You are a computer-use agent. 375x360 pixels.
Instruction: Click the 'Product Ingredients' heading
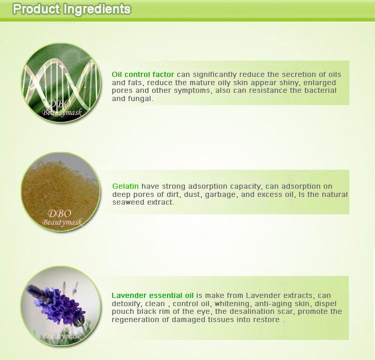click(72, 9)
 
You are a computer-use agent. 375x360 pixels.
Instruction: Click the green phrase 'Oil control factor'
click(143, 74)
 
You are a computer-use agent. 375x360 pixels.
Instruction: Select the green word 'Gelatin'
click(126, 186)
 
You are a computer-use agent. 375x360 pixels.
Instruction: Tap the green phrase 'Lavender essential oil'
click(153, 295)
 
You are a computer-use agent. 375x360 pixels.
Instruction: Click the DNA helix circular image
click(61, 83)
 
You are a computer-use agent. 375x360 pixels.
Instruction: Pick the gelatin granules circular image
click(61, 192)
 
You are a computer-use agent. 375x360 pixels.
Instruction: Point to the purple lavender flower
click(57, 304)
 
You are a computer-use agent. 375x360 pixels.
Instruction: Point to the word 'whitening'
click(232, 304)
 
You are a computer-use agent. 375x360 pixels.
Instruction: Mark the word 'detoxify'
click(126, 304)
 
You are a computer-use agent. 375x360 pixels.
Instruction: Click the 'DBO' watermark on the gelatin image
click(59, 213)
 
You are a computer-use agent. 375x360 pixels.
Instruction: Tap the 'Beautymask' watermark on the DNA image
click(62, 112)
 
